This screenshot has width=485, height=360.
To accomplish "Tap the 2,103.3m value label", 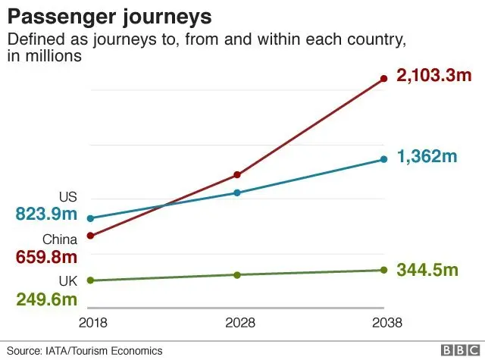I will pos(430,77).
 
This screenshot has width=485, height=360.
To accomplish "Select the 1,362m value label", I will pos(427,158).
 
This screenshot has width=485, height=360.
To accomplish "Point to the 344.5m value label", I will pos(427,270).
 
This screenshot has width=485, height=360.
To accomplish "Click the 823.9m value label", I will pos(46,214).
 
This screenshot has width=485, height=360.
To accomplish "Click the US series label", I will pos(68,197).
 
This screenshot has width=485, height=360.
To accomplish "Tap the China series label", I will pos(60,239).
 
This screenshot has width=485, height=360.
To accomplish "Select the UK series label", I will pos(68,281).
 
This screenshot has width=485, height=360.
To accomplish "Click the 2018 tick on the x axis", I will pos(92,323).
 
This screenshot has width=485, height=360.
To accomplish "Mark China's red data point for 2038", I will pos(383,77).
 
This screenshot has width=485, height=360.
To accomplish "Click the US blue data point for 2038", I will pos(383,159).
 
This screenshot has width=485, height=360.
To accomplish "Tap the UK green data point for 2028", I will pos(237,274).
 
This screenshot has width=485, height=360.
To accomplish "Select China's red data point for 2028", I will pos(237,174).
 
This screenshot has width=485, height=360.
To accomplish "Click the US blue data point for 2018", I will pos(90,218).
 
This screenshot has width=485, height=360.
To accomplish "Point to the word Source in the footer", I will pos(24,351).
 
